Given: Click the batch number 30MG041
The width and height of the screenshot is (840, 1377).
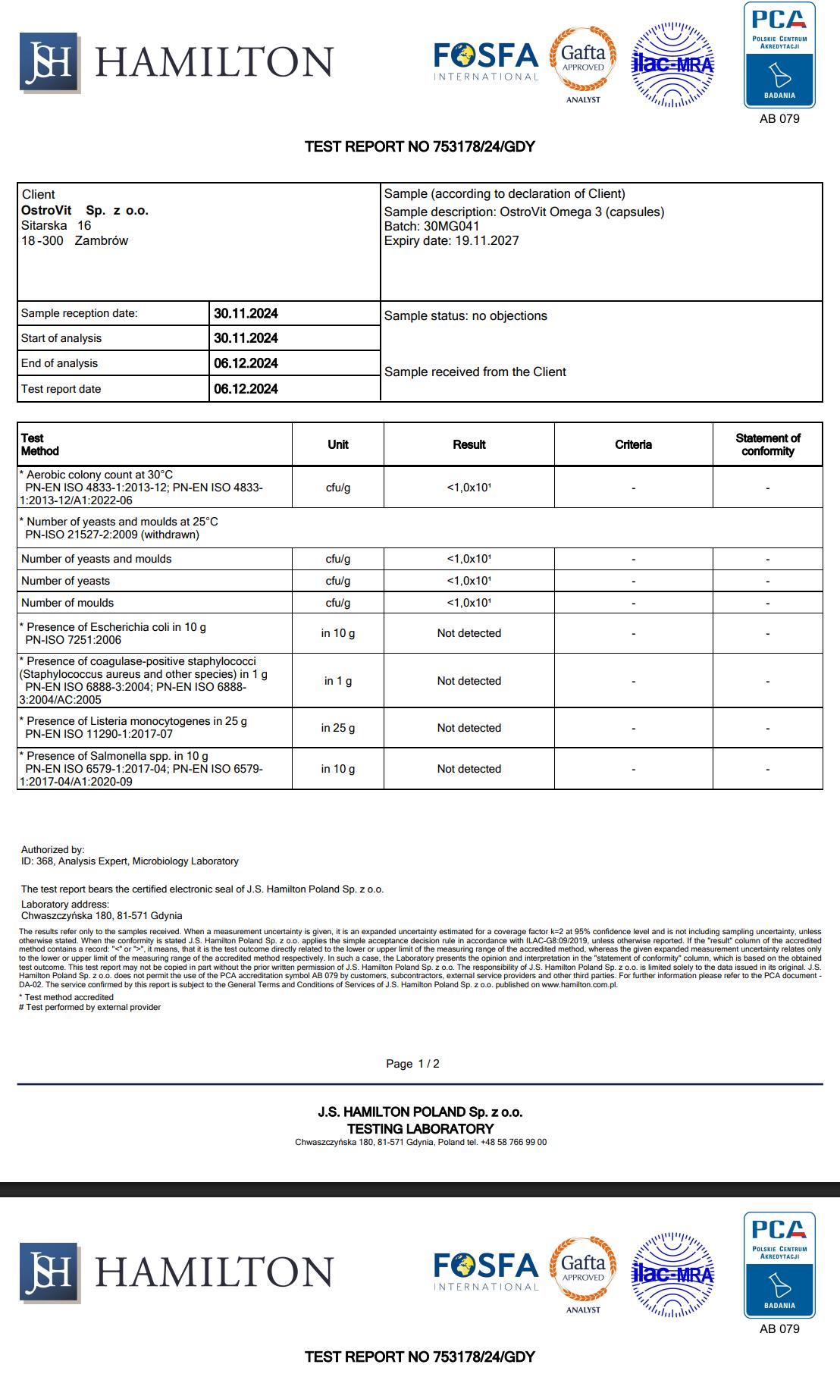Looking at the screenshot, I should [452, 226].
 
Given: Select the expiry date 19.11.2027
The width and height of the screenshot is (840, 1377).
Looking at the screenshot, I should [487, 240].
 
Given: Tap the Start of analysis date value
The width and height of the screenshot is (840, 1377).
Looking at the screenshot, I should [246, 338].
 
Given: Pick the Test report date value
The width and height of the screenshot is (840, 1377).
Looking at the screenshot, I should [246, 389].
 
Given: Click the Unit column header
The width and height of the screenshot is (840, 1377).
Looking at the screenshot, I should [338, 444].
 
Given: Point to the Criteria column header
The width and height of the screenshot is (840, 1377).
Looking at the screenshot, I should [633, 444].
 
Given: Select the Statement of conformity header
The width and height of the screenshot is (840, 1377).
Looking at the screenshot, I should [767, 444].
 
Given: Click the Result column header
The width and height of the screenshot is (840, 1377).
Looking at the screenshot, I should [469, 444].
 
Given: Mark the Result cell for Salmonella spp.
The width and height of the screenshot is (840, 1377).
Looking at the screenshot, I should [469, 769].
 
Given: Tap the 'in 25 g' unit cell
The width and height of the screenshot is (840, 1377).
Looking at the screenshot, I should [338, 728].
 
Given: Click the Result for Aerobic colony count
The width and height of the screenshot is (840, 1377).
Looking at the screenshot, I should [469, 488].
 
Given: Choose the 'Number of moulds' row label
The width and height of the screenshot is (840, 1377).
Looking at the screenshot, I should [67, 603].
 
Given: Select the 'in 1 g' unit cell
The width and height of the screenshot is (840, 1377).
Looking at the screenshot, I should [338, 681].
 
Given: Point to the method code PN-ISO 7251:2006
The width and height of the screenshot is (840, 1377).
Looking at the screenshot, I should [73, 640].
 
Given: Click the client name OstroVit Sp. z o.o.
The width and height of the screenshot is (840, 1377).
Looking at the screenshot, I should [85, 210].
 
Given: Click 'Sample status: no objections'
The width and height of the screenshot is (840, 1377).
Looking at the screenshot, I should [465, 315].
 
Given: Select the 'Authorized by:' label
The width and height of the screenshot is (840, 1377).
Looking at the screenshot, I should [53, 850].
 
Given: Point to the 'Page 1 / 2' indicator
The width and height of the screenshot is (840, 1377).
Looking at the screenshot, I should [412, 1064].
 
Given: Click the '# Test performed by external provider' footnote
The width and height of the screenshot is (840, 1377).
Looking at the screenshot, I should [89, 1007].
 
